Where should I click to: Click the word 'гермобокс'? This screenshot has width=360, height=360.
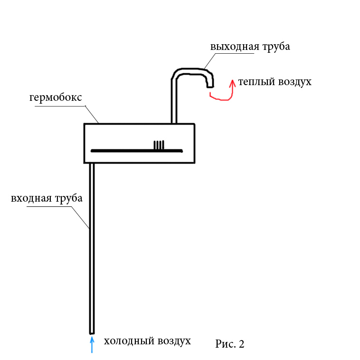tap(56, 97)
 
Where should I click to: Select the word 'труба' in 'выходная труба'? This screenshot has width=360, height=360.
tap(275, 47)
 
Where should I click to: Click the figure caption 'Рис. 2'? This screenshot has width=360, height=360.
tap(230, 344)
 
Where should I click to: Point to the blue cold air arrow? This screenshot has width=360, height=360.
tap(92, 345)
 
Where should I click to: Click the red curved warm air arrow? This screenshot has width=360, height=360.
tap(228, 94)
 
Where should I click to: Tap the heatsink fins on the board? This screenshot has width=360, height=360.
tap(159, 145)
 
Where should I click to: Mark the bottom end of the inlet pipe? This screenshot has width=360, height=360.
tap(92, 331)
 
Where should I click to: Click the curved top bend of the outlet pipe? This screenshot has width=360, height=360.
tap(190, 71)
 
